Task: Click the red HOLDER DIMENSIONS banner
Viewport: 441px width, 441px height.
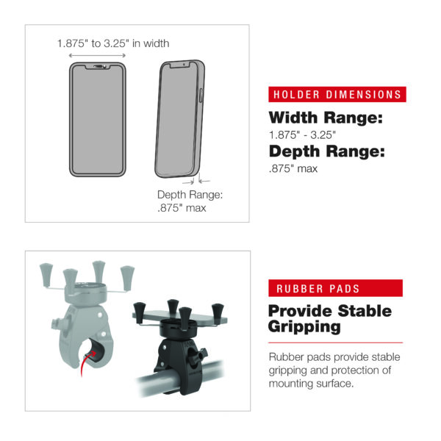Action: [x=337, y=94]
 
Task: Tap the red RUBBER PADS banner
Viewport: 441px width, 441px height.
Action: [x=335, y=288]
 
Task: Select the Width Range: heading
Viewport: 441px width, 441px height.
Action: [x=326, y=118]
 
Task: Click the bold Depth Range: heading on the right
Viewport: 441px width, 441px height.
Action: [x=327, y=151]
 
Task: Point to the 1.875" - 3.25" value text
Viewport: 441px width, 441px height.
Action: [x=302, y=135]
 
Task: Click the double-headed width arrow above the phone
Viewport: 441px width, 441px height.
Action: [x=97, y=55]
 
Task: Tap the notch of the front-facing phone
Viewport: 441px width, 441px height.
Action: [x=98, y=67]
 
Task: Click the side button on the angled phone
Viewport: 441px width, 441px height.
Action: [x=201, y=96]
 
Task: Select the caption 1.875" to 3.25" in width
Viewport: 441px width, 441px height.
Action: [x=113, y=43]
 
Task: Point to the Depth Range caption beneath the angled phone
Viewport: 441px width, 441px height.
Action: [x=190, y=201]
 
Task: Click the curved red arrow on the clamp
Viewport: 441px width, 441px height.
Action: [x=86, y=363]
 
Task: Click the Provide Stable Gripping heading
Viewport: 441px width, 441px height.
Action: [x=329, y=319]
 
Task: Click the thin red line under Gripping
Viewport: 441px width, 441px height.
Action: [x=336, y=343]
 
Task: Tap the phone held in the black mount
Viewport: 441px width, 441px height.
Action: [x=180, y=316]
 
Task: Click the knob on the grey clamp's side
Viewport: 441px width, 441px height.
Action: [x=57, y=323]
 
